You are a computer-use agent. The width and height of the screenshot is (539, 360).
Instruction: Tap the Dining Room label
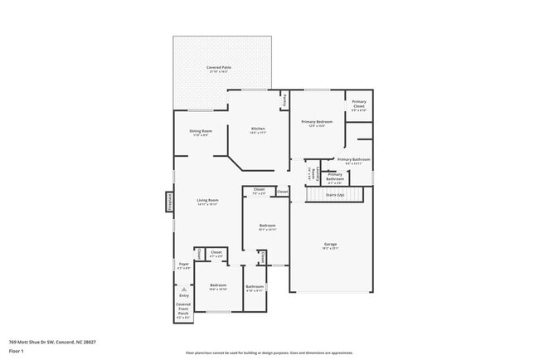201,132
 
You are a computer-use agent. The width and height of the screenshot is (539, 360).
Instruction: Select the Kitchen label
258,129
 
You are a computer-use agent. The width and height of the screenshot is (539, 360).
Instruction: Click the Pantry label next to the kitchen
284,100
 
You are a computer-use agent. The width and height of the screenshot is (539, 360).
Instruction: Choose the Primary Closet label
358,105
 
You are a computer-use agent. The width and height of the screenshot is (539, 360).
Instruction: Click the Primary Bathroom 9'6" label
353,160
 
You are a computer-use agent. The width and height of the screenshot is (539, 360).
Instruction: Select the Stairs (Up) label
335,194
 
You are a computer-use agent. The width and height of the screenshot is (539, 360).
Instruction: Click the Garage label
330,245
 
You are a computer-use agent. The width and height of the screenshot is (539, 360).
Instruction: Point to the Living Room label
207,202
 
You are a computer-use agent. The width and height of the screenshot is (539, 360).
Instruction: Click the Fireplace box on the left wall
169,202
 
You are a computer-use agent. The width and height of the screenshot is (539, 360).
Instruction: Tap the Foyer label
184,265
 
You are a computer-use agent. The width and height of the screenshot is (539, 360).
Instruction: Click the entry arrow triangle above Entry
184,289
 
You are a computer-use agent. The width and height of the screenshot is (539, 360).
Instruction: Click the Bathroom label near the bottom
255,288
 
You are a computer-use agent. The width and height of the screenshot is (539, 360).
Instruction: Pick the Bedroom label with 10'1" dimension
267,226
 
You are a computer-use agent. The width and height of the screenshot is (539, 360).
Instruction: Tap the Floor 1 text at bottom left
17,351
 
